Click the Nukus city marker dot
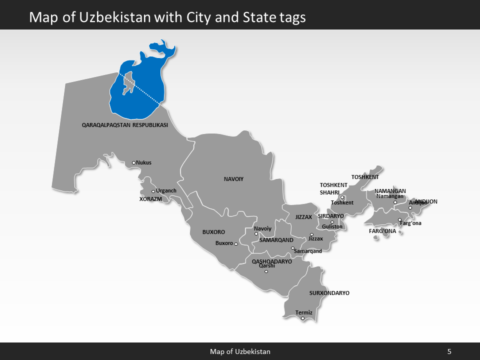pos(133,162)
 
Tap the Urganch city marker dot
pos(153,191)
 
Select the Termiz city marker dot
pos(302,318)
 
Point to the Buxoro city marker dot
pos(236,244)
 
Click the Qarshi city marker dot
pos(266,271)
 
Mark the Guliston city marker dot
pos(332,222)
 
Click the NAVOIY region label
pos(233,178)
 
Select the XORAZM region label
pos(150,199)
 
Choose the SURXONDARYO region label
pos(329,293)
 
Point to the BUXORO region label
pos(213,232)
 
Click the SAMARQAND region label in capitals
pos(276,240)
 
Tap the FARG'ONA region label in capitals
pos(382,231)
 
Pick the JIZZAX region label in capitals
pos(303,217)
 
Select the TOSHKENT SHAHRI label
pos(333,189)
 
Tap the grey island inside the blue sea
pos(128,82)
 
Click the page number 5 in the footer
pos(449,351)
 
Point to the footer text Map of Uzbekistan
pos(240,351)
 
